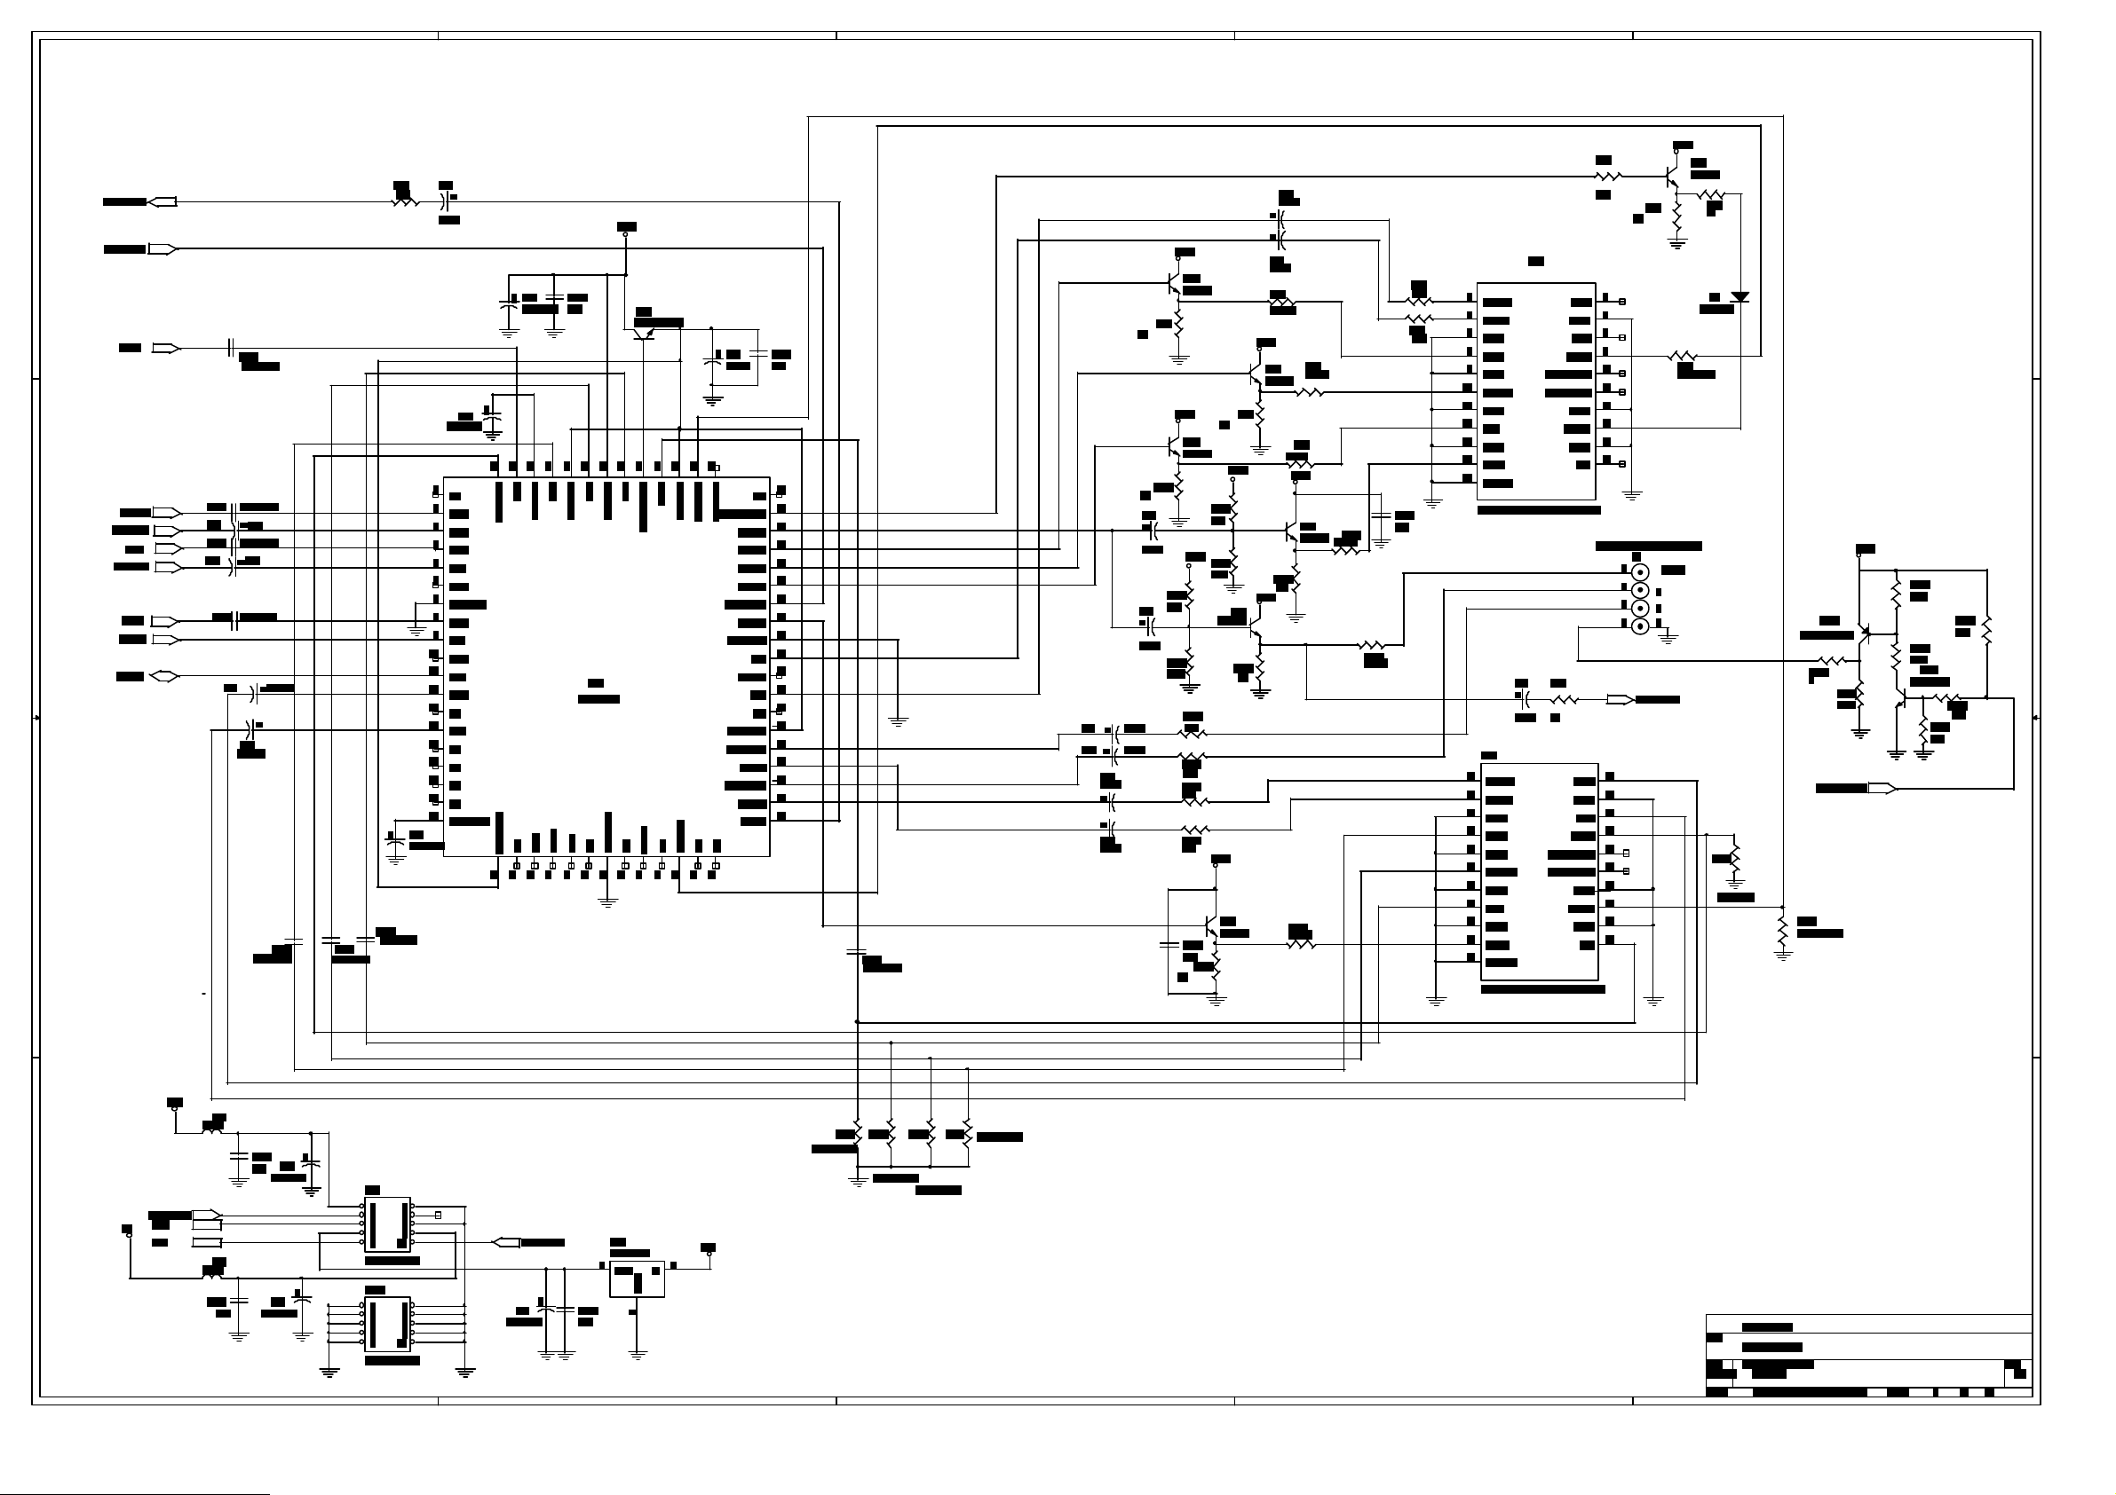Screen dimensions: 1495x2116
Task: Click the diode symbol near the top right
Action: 1740,296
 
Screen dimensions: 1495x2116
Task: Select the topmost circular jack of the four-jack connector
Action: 1639,572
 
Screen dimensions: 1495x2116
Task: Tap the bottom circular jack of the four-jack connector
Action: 1639,626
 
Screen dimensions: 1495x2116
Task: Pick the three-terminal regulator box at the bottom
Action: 637,1279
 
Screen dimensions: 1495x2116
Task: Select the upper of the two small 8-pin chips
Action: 387,1224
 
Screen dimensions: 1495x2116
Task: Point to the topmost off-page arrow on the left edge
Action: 162,201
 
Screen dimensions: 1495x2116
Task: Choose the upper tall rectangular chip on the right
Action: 1535,391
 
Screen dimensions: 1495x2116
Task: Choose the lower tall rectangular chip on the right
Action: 1539,871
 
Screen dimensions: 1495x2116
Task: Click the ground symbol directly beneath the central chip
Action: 606,901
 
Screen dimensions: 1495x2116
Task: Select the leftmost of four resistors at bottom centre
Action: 857,1135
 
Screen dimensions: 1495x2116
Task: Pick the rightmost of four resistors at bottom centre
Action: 967,1135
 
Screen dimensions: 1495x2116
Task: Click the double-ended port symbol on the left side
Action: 163,676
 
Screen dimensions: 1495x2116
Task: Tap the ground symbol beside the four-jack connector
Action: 1668,636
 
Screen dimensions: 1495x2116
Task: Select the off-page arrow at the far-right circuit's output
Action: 1882,788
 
